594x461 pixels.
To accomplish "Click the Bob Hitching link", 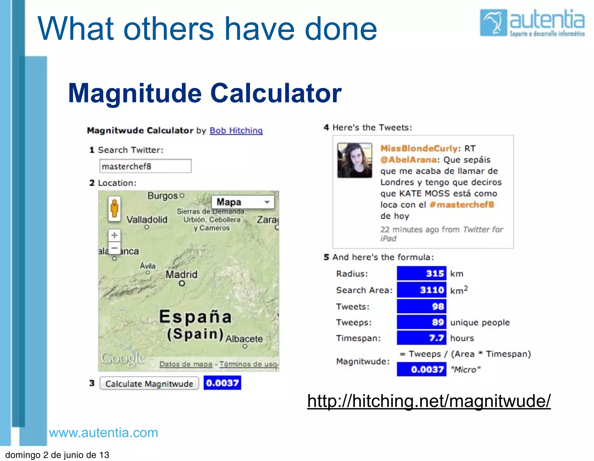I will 236,131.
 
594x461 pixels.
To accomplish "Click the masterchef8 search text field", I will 145,166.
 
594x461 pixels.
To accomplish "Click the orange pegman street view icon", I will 115,208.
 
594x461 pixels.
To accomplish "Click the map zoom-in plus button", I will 115,235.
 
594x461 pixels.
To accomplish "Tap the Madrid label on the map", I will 181,274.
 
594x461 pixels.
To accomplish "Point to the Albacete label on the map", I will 244,339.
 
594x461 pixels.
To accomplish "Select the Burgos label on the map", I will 162,196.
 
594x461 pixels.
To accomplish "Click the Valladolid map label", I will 147,220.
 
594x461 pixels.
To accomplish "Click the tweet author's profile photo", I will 354,160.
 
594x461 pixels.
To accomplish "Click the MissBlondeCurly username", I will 419,149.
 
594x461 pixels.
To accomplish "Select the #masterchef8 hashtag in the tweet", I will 462,205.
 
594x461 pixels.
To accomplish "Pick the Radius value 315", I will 421,273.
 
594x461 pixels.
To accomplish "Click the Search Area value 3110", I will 421,290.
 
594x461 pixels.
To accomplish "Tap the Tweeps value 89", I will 421,322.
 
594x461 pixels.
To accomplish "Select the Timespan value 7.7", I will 421,338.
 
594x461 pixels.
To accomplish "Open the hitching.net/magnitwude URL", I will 429,401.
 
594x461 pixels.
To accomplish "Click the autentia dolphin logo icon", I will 493,23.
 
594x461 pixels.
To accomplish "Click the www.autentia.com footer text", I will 104,433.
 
